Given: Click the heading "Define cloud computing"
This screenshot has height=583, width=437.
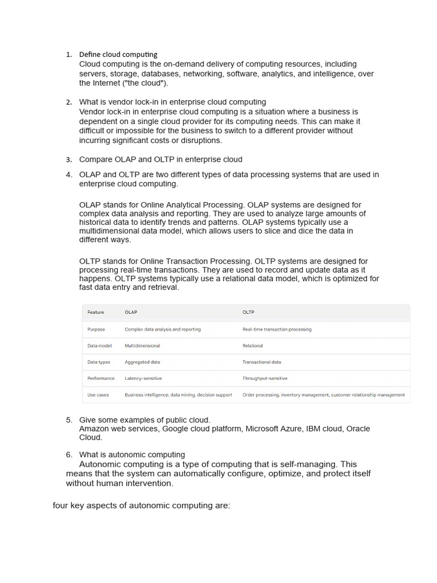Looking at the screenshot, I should (118, 55).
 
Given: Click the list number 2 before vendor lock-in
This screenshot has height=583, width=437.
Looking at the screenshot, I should (69, 102).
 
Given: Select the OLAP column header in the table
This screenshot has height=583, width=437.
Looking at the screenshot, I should (131, 312).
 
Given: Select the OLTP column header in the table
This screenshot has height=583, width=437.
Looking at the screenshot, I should (248, 312).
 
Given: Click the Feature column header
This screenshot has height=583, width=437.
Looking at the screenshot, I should (96, 312).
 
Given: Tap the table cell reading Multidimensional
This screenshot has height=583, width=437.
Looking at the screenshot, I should (142, 346).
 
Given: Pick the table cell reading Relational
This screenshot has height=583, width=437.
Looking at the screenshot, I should (253, 346).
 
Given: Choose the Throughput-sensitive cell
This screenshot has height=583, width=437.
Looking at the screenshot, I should (265, 378).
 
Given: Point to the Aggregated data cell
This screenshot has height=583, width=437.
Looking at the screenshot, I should (142, 362).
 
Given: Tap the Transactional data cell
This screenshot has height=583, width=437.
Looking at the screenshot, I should (261, 362).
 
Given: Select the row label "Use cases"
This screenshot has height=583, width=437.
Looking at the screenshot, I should (98, 395).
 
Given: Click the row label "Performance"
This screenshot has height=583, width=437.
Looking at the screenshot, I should (101, 378).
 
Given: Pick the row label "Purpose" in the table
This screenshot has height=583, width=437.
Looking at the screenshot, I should (96, 329).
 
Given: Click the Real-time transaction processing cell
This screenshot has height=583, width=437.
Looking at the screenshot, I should (277, 329).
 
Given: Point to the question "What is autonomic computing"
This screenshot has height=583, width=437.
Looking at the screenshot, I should (131, 454).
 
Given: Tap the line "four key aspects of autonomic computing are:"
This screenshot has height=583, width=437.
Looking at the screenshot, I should (141, 505).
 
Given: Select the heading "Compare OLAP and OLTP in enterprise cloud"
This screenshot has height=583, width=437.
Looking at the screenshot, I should (160, 159).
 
